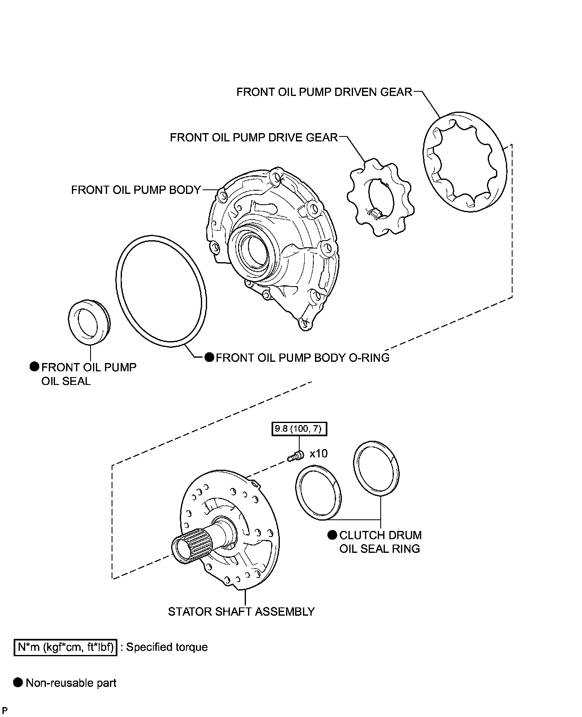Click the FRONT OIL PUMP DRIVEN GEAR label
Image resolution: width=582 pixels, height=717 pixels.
pos(324,92)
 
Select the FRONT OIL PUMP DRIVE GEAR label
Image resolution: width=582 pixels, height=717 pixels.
pos(254,137)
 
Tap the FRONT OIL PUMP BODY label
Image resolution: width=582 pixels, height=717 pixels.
pos(136,190)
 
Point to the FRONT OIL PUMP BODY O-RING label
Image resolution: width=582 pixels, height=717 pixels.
pos(303,357)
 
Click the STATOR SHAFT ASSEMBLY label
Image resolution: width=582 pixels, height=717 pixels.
pos(241,611)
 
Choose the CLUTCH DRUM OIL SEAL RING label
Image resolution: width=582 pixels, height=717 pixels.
pos(380,542)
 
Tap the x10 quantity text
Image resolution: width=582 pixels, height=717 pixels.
pos(318,454)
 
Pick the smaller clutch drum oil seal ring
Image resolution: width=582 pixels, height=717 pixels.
pos(318,492)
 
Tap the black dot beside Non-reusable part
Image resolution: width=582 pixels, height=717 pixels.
pos(18,682)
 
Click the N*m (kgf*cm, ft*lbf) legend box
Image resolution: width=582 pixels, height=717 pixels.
pos(66,647)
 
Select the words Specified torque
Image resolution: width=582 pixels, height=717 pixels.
pos(167,647)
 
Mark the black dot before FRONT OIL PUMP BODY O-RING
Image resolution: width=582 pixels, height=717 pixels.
pos(210,357)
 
